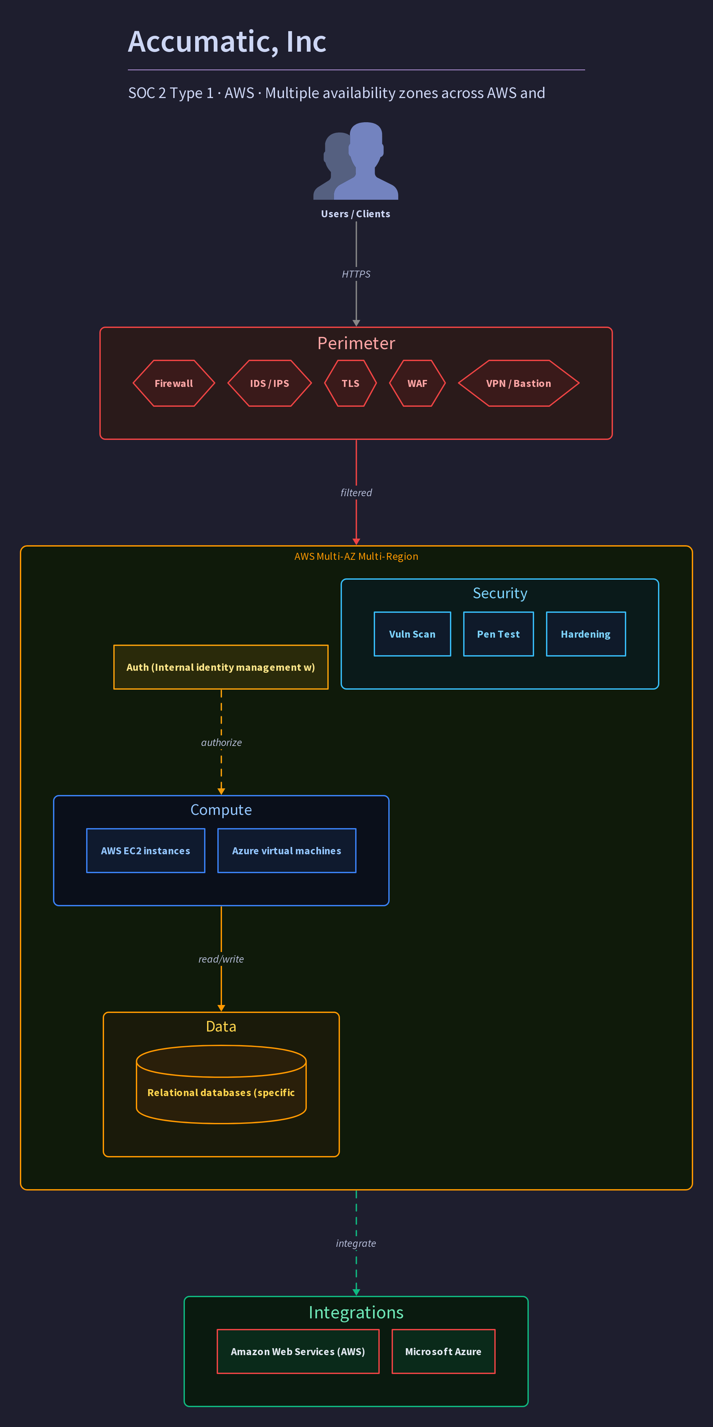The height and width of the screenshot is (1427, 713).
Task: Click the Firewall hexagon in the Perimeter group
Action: pyautogui.click(x=173, y=383)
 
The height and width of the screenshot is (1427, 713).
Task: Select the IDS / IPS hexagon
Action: pyautogui.click(x=270, y=383)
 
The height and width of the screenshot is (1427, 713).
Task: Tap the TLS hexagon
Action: pyautogui.click(x=351, y=383)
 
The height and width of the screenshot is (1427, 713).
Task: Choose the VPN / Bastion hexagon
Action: pyautogui.click(x=519, y=383)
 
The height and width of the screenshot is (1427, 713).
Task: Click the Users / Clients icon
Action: pyautogui.click(x=356, y=161)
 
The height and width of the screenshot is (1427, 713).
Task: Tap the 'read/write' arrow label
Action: pyautogui.click(x=221, y=959)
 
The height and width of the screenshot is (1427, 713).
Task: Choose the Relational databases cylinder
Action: pyautogui.click(x=221, y=1084)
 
